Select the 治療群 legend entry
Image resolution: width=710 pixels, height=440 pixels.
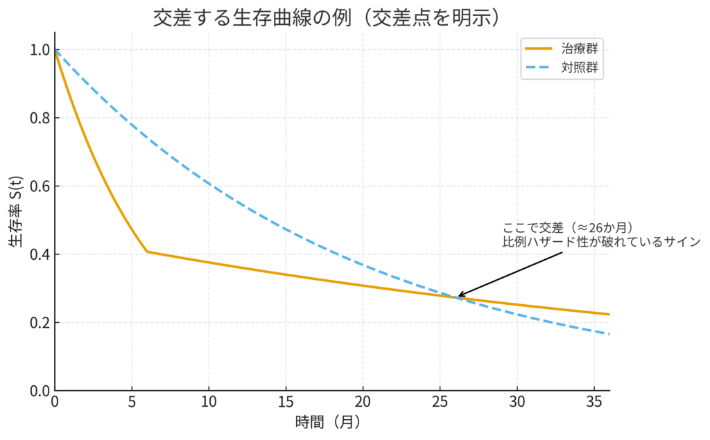(x=582, y=49)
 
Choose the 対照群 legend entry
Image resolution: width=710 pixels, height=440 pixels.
(x=582, y=69)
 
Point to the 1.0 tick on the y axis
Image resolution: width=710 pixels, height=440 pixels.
(x=38, y=51)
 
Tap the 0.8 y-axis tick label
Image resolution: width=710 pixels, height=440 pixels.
(x=38, y=118)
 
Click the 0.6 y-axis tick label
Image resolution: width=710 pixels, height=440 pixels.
(x=38, y=186)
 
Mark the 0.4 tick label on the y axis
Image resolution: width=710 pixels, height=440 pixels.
(x=38, y=255)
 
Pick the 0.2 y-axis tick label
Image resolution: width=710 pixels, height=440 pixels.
(x=38, y=323)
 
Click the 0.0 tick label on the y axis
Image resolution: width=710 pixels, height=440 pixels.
(x=38, y=391)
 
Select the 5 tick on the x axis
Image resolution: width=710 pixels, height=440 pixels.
(x=132, y=402)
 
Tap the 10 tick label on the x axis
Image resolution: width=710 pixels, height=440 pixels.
(x=209, y=402)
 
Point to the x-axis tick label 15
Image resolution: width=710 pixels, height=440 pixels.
(x=286, y=402)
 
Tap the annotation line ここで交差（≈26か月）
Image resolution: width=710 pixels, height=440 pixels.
(x=569, y=228)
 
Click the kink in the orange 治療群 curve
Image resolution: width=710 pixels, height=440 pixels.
(x=147, y=252)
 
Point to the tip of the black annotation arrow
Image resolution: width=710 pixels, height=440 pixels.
(x=458, y=297)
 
